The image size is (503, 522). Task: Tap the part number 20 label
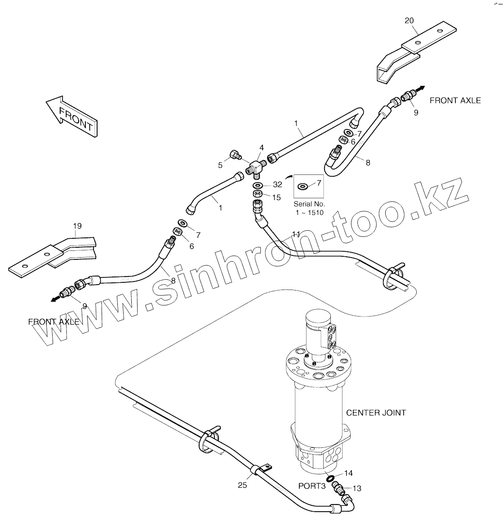pyautogui.click(x=409, y=20)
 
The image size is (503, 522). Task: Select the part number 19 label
pyautogui.click(x=77, y=226)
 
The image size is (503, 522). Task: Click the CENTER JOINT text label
pyautogui.click(x=376, y=412)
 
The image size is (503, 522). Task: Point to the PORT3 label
pyautogui.click(x=312, y=486)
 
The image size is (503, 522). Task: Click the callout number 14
pyautogui.click(x=349, y=473)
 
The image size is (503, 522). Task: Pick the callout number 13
pyautogui.click(x=357, y=488)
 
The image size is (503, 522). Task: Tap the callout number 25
pyautogui.click(x=242, y=485)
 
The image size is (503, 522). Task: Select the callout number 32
pyautogui.click(x=277, y=184)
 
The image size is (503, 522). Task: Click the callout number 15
pyautogui.click(x=276, y=197)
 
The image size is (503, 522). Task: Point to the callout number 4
pyautogui.click(x=261, y=147)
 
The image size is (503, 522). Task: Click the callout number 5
pyautogui.click(x=220, y=165)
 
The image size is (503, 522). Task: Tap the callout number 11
pyautogui.click(x=296, y=234)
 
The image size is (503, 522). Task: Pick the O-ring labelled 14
pyautogui.click(x=329, y=477)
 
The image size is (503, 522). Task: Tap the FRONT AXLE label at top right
pyautogui.click(x=455, y=100)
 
